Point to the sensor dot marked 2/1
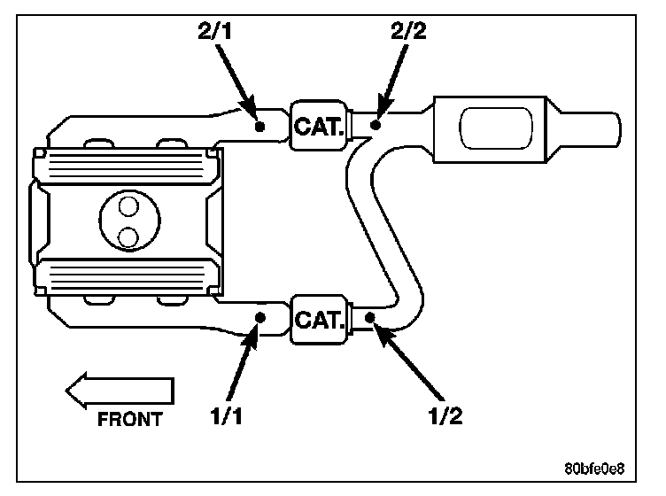[x=259, y=126]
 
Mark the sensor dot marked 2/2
[x=376, y=126]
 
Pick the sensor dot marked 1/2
[x=372, y=317]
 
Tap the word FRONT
[x=131, y=420]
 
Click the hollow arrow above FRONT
[x=120, y=391]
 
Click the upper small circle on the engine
[x=129, y=207]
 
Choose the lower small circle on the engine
[x=129, y=236]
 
